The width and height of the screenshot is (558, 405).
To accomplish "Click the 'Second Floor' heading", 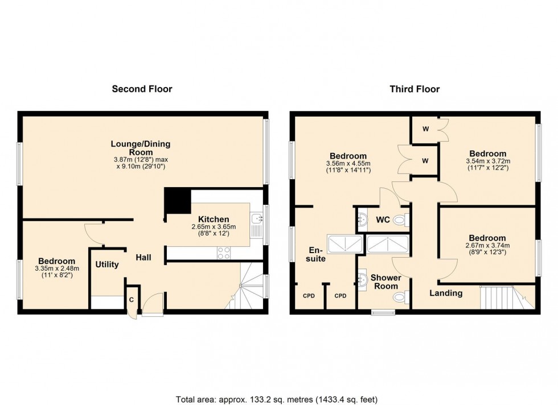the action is pos(142,89).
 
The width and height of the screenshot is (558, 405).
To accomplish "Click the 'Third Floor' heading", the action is pos(415,89).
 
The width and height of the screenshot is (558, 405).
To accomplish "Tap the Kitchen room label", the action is pos(214,219).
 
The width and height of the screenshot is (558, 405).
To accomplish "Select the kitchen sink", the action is pos(256,225).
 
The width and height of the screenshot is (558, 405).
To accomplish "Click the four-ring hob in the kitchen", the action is pos(223,253).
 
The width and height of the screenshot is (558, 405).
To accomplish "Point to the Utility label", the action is pos(107,265).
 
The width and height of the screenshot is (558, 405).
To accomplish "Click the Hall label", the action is pos(143,257).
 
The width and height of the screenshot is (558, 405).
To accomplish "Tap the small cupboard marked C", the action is pos(132,300).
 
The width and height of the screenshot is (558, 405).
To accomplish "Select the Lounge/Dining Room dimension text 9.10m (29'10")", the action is pos(141,167).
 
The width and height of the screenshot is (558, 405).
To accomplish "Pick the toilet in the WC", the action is pos(401,221).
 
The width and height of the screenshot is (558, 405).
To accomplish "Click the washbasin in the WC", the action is pos(363,220).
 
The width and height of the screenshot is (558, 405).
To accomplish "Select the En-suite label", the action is pos(315,255).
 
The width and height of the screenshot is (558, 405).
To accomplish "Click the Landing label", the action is pos(446,294).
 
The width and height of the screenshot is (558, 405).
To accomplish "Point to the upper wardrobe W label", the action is pos(426,129).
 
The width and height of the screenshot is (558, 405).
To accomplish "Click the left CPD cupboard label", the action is pos(309,296).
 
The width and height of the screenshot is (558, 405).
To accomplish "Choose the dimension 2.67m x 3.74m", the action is pos(487,246).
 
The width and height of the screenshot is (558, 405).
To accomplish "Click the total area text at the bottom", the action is pos(277,399).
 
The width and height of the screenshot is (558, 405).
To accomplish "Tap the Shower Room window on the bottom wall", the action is pos(383,312).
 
